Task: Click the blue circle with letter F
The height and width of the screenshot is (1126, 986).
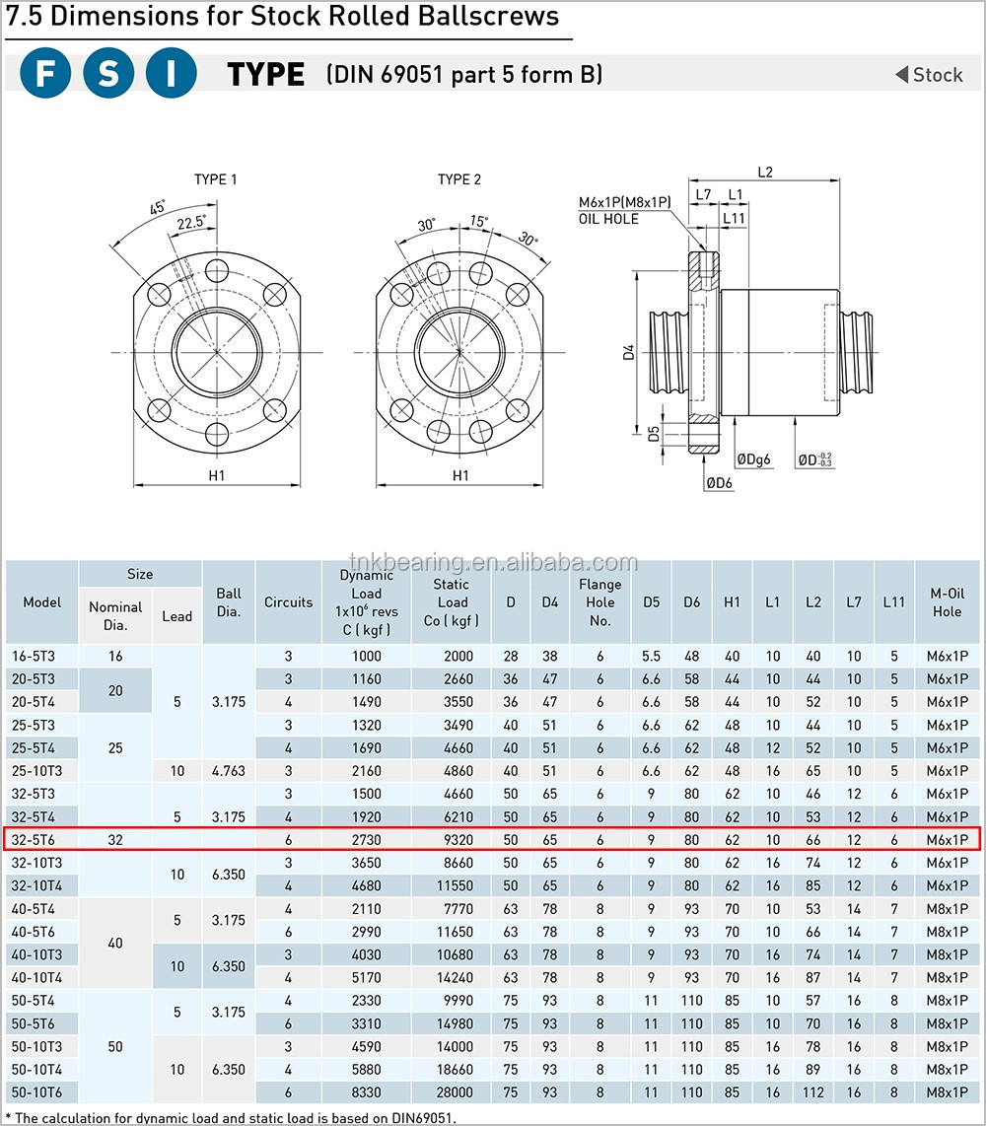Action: point(45,73)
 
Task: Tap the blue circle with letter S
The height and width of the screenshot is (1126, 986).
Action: point(108,73)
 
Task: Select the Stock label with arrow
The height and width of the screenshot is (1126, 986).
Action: point(929,75)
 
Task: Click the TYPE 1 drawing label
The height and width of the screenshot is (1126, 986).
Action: point(215,179)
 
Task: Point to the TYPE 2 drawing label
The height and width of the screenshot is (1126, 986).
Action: point(459,179)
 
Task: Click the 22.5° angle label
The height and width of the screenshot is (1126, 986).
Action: point(191,223)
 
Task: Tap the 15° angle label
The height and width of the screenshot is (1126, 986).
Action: point(479,221)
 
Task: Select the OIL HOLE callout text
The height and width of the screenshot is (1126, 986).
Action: point(609,219)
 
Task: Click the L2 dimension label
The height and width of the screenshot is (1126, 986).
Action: point(765,173)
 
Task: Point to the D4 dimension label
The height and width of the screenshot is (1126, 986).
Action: point(629,352)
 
